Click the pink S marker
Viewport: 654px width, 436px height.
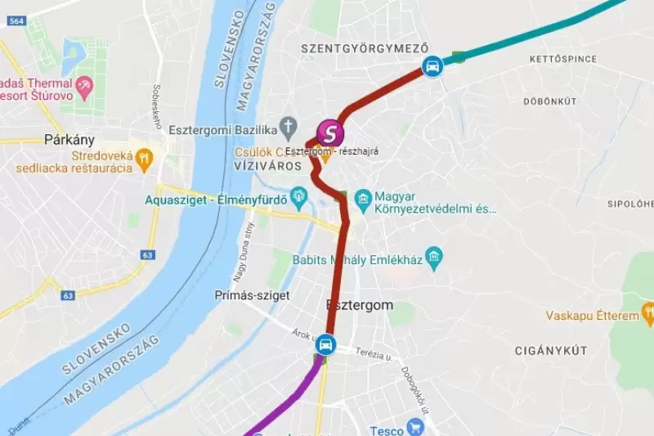329,132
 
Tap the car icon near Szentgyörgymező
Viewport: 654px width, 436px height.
433,65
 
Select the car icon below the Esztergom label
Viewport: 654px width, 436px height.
326,345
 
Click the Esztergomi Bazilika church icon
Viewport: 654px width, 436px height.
288,127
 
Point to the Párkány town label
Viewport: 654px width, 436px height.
70,139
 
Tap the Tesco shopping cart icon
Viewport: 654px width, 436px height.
415,426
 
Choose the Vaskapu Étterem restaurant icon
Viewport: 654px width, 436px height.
648,311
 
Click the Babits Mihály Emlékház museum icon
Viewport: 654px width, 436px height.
433,259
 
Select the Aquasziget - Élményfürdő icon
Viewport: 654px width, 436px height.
298,196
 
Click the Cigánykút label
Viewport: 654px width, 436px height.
551,351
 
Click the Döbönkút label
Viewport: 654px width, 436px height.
549,101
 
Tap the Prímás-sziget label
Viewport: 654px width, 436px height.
252,295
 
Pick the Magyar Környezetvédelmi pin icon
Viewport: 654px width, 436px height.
364,197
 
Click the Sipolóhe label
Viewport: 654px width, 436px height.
629,203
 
